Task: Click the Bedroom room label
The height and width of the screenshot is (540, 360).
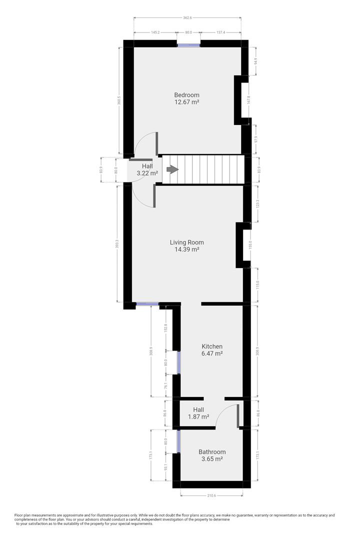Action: [x=186, y=95]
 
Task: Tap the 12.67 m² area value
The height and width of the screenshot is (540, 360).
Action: [x=186, y=102]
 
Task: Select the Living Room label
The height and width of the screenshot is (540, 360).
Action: [x=186, y=242]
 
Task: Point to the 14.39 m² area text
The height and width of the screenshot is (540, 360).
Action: [x=186, y=249]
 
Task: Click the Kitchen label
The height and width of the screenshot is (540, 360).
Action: [x=212, y=346]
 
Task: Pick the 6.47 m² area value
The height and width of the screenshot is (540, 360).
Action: [x=212, y=353]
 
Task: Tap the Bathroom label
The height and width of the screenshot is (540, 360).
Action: [x=212, y=451]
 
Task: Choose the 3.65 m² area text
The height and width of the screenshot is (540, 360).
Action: [x=212, y=458]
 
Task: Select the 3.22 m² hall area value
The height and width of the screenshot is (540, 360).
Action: [x=147, y=173]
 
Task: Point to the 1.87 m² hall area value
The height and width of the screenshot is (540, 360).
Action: [x=198, y=416]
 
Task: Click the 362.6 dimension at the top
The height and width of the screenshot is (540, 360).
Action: [x=187, y=18]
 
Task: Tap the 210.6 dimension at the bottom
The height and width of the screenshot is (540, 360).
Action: [x=211, y=496]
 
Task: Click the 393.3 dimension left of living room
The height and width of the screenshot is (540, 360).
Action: [x=117, y=243]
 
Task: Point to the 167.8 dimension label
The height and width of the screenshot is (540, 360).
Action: [x=255, y=100]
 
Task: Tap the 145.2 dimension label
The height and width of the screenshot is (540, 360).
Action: [x=155, y=32]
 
